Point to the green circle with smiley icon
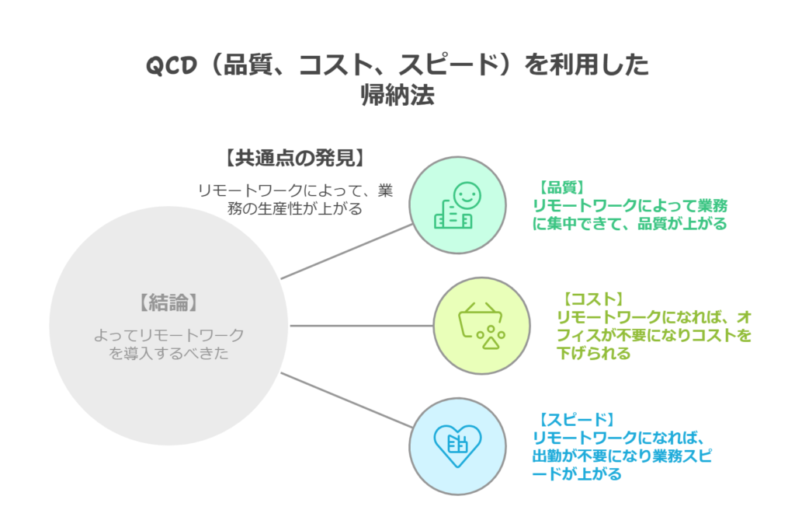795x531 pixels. (457, 205)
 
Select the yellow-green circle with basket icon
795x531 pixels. (481, 325)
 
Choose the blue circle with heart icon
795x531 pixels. (457, 445)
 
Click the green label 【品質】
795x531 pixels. (562, 187)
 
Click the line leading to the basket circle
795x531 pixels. (361, 325)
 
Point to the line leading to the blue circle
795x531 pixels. (345, 400)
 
